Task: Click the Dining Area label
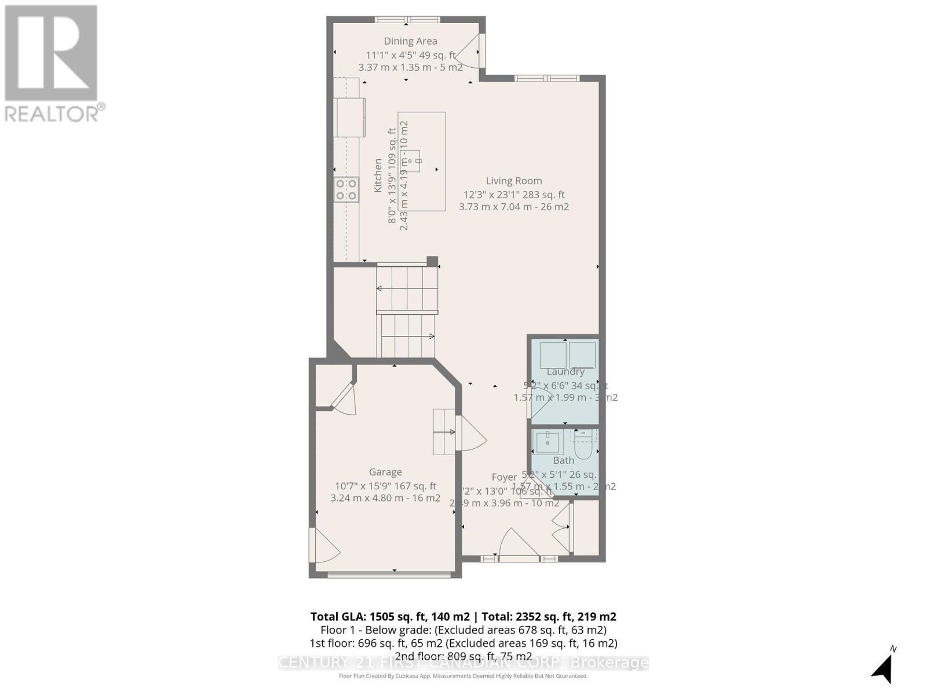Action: click(x=410, y=41)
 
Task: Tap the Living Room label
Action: click(x=513, y=181)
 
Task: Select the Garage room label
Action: click(x=385, y=472)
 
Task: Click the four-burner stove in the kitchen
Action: click(x=346, y=190)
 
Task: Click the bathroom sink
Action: click(x=547, y=442)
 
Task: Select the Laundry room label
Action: click(x=565, y=371)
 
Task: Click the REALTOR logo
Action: click(x=52, y=64)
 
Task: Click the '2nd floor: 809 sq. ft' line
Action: click(x=463, y=656)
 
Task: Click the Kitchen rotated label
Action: click(x=378, y=175)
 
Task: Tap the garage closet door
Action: click(x=345, y=400)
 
